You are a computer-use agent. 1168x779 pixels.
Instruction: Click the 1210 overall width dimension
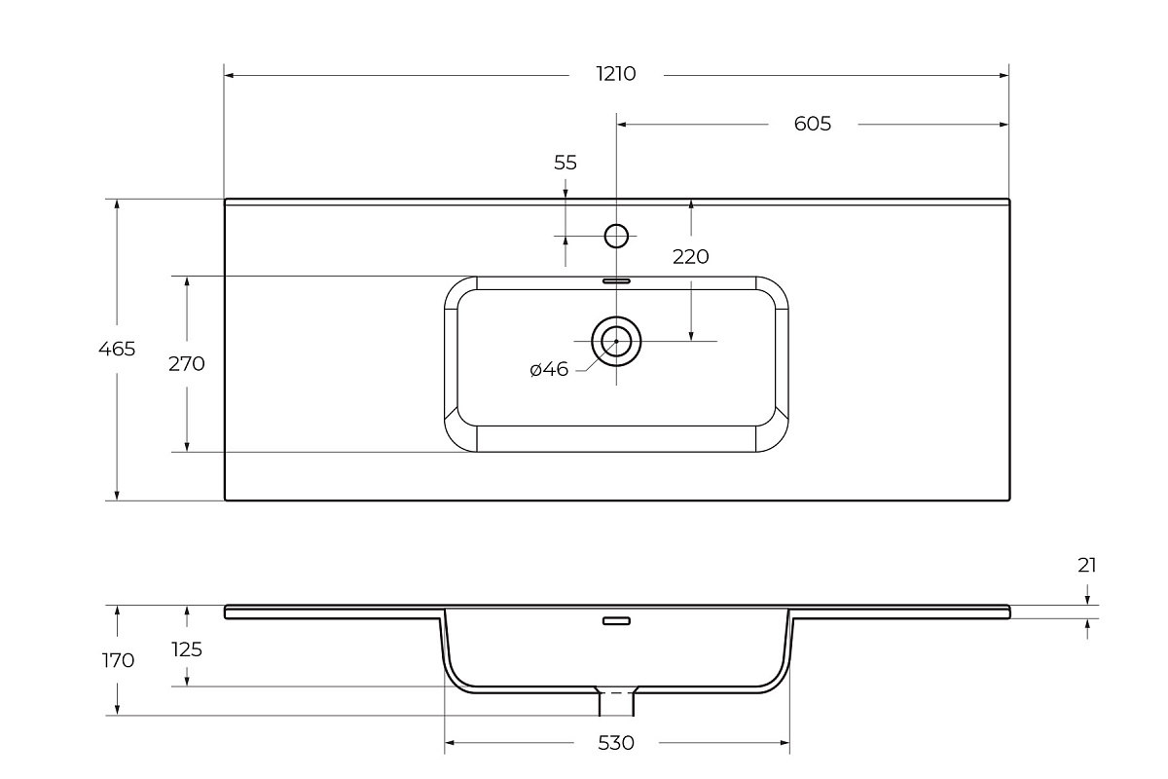[616, 74]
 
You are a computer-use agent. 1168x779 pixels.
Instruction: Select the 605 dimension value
[813, 124]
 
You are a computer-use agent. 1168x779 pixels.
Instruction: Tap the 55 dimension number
[566, 163]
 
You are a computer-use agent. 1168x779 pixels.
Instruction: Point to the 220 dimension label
[690, 257]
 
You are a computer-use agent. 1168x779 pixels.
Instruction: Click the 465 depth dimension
[117, 349]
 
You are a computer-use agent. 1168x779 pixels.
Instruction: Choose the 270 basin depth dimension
[187, 363]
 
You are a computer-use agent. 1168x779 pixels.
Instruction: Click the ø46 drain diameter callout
[549, 369]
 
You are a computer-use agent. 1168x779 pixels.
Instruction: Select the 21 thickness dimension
[1087, 566]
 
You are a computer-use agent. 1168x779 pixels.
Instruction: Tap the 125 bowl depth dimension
[187, 649]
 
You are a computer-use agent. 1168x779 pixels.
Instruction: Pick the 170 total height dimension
[118, 661]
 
